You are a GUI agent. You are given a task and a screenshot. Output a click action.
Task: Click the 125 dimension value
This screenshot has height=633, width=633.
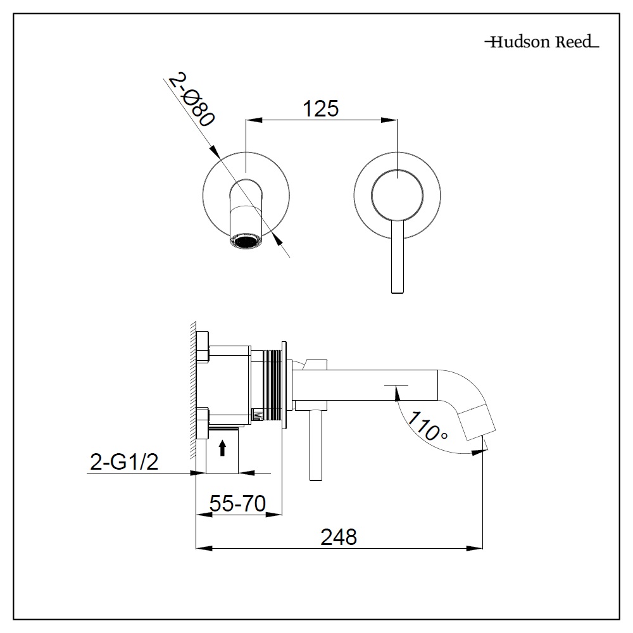pos(320,108)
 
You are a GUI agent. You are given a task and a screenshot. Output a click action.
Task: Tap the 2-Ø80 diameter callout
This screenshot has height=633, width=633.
pos(190,101)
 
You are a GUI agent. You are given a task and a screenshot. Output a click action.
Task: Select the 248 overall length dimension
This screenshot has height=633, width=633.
pos(339,537)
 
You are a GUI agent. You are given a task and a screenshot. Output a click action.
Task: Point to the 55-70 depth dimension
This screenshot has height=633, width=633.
pos(237,504)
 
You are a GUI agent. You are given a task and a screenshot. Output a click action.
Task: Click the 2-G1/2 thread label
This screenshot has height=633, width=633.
pos(124,463)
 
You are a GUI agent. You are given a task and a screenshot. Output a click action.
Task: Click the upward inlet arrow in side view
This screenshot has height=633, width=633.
pos(222,449)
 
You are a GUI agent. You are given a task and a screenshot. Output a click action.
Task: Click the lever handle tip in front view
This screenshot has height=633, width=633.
pos(397,288)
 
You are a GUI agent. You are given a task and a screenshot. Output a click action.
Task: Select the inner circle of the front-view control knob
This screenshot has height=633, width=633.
pos(395,194)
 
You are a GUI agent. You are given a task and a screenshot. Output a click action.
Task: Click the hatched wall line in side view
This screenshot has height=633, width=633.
pos(192,392)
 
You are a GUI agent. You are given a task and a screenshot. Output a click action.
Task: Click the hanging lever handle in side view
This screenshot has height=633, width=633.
pos(314,446)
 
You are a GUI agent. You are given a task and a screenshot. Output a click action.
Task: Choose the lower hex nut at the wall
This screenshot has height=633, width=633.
pos(202,423)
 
